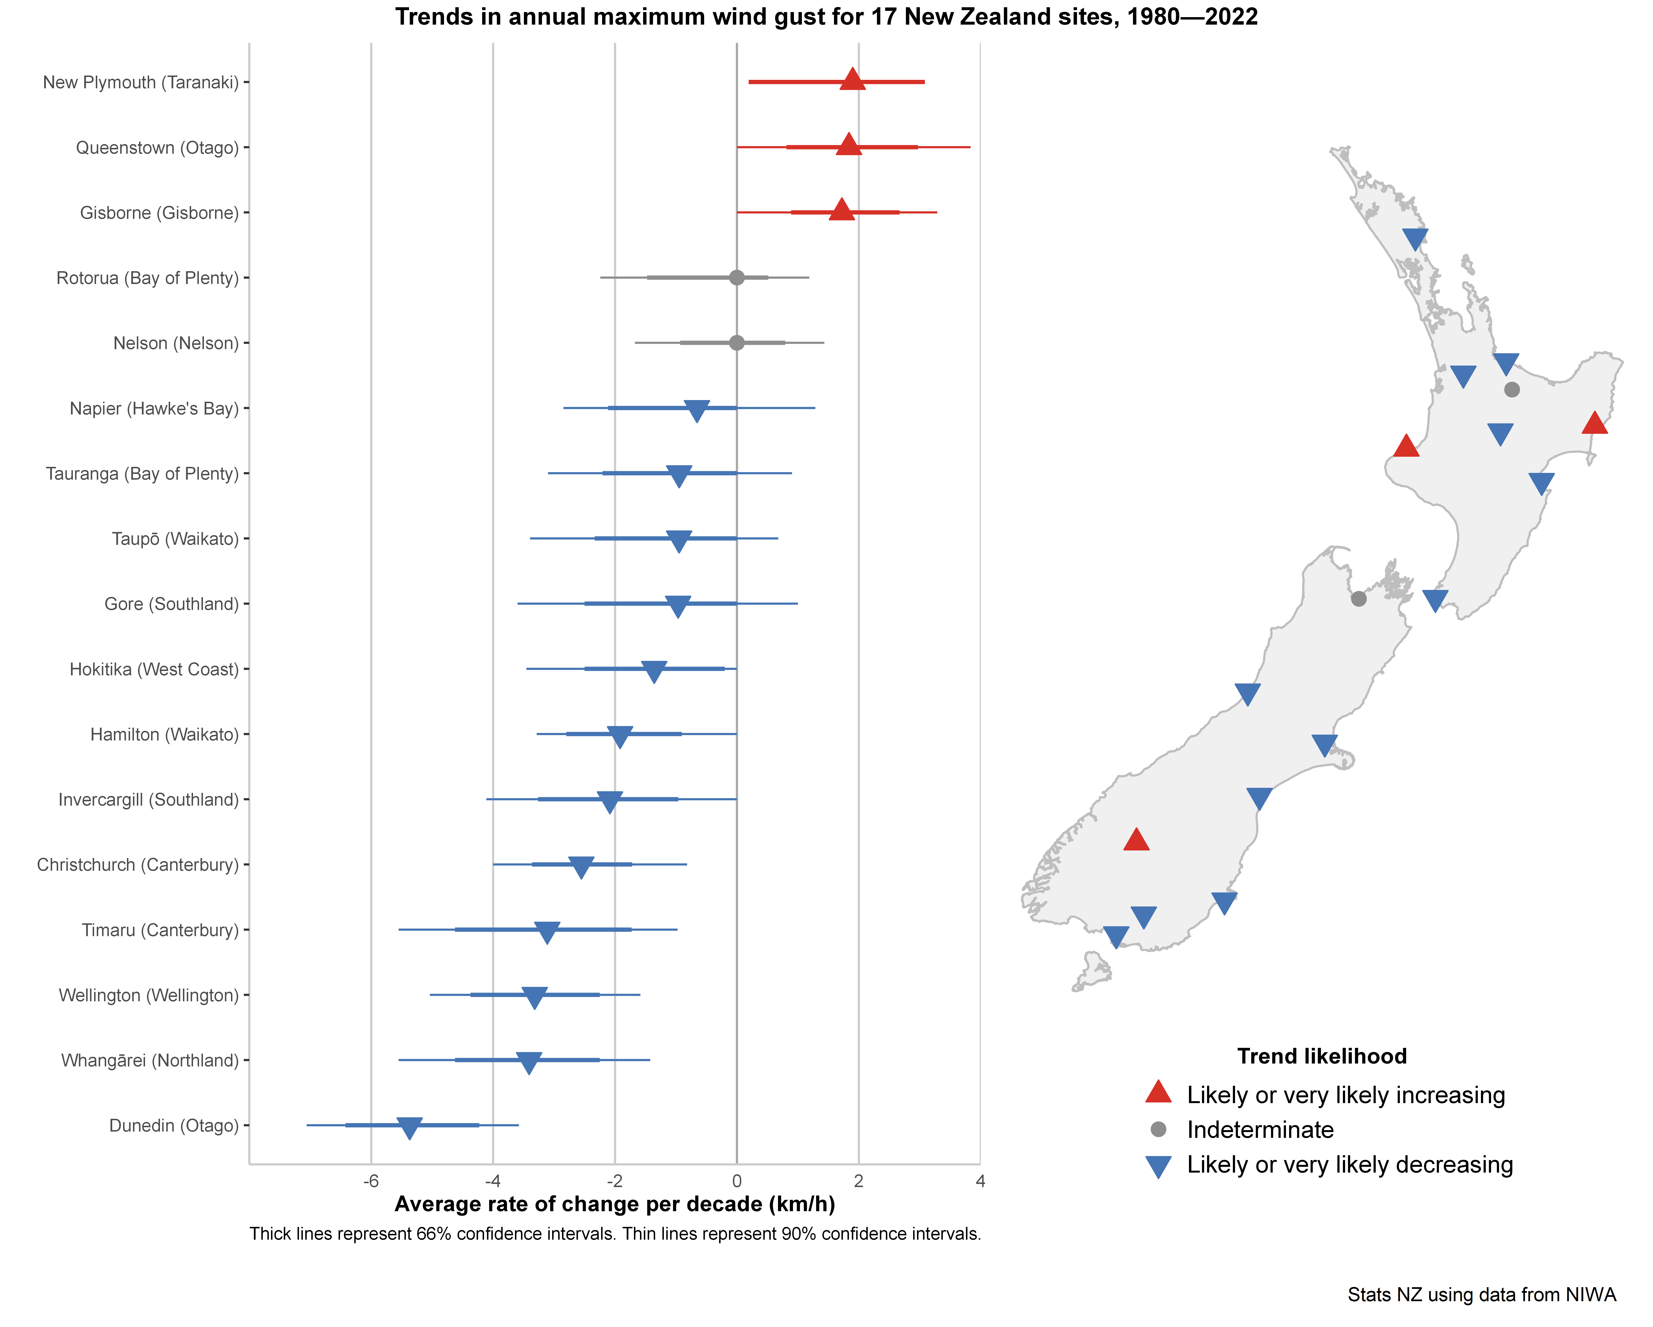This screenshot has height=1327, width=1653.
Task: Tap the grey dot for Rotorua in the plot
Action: pyautogui.click(x=737, y=277)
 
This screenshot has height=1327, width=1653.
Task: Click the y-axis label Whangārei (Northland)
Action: pyautogui.click(x=150, y=1060)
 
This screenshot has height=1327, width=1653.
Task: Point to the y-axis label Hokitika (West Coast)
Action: pyautogui.click(x=154, y=669)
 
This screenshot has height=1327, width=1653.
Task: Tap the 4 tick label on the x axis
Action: pyautogui.click(x=980, y=1181)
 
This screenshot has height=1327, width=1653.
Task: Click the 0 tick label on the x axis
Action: pyautogui.click(x=737, y=1181)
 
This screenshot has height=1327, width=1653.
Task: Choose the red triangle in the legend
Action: pyautogui.click(x=1158, y=1092)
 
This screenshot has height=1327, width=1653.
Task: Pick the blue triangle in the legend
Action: pyautogui.click(x=1158, y=1166)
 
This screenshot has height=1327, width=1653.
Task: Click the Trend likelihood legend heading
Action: pyautogui.click(x=1322, y=1056)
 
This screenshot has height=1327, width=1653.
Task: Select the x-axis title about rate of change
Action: pyautogui.click(x=615, y=1204)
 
